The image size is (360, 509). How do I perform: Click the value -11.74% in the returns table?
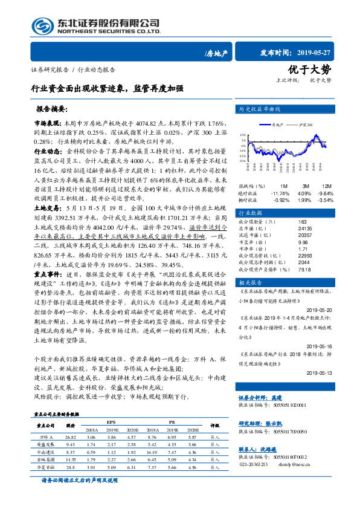pyautogui.click(x=281, y=192)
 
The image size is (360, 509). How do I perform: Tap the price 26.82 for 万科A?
pyautogui.click(x=71, y=436)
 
